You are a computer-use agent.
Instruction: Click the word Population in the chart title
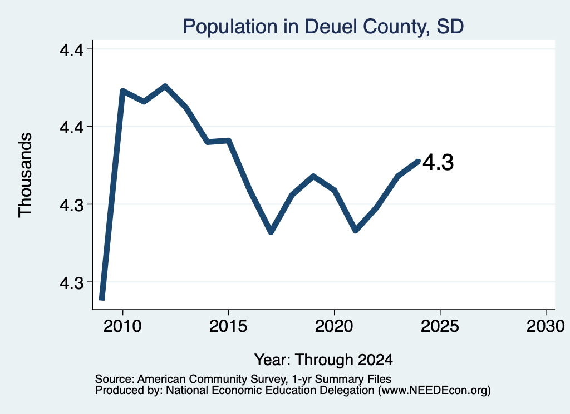click(230, 27)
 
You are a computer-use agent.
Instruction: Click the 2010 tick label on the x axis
click(122, 326)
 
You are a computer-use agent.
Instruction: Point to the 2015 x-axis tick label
click(228, 326)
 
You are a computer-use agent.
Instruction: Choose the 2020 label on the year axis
click(334, 326)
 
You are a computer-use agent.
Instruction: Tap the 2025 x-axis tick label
click(440, 326)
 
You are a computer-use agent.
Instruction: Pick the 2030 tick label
click(546, 326)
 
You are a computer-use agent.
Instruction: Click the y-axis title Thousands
click(26, 175)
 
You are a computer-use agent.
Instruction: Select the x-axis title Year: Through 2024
click(323, 360)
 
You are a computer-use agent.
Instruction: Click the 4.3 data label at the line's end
click(438, 162)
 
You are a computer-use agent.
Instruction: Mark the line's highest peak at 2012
click(165, 86)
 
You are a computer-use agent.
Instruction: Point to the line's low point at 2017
click(271, 232)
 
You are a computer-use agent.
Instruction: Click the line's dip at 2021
click(356, 230)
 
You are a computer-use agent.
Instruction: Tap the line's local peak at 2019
click(313, 176)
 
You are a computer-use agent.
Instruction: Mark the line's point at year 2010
click(122, 91)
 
